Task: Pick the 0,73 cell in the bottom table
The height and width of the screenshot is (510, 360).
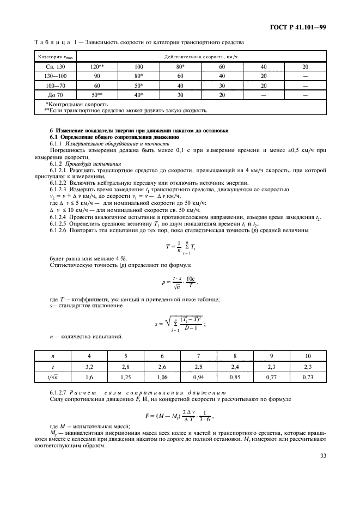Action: pos(308,378)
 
